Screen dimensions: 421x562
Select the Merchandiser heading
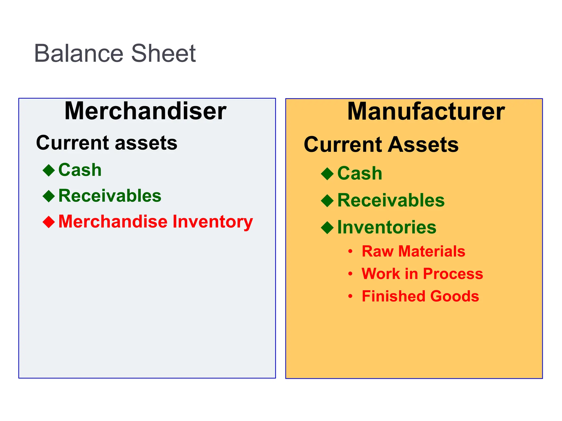pos(145,111)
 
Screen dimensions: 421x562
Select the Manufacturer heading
pos(426,111)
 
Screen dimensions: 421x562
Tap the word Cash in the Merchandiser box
pos(80,170)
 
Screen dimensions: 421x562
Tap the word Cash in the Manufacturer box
pos(359,173)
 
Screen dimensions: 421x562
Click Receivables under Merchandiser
pos(110,196)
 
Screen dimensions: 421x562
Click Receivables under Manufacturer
pos(391,200)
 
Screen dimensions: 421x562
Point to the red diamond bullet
pos(49,221)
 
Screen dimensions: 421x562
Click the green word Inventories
pos(387,227)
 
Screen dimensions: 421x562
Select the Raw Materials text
pos(413,251)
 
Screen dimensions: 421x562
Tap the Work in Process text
pos(422,274)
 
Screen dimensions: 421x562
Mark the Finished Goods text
pos(420,296)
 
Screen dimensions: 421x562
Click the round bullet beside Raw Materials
pos(350,251)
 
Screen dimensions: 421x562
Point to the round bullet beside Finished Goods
pos(350,296)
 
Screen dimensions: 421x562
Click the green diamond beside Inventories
pos(327,227)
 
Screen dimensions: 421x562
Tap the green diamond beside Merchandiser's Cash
pos(49,170)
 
